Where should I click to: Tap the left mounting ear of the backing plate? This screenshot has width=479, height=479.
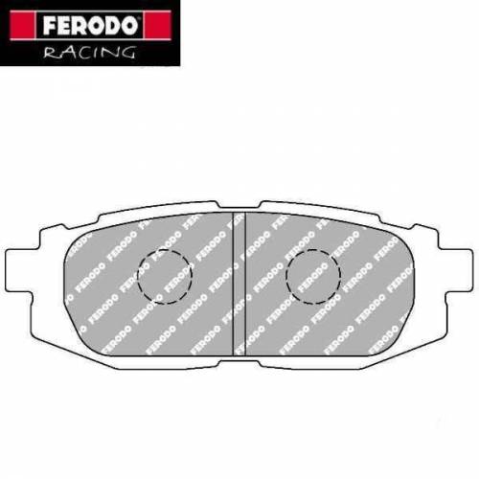(21, 272)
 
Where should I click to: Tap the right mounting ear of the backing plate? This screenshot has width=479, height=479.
(458, 272)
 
